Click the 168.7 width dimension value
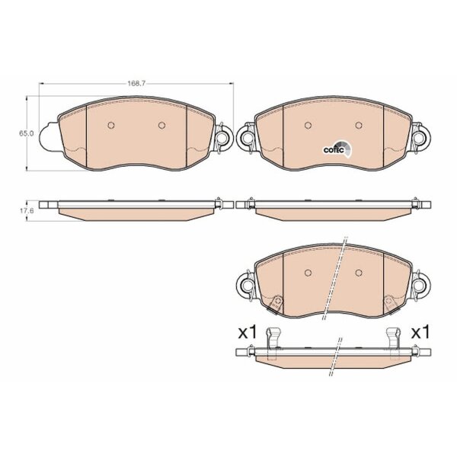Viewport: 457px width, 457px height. [x=136, y=84]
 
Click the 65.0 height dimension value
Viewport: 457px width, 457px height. [x=27, y=133]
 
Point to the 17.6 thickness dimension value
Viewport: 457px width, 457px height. [x=27, y=210]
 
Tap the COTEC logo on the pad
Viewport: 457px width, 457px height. [x=337, y=149]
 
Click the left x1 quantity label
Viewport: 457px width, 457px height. [x=247, y=333]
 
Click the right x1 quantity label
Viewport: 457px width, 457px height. [x=420, y=333]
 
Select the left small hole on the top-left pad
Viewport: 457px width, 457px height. [x=111, y=126]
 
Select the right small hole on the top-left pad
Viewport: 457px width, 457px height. [x=161, y=126]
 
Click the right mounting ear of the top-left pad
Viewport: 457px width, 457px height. [x=224, y=136]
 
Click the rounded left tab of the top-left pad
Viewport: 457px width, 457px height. [x=49, y=136]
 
